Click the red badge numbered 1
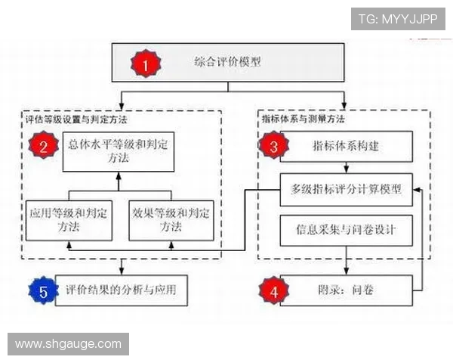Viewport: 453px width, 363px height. click(x=146, y=64)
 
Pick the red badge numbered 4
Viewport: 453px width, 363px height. click(x=273, y=290)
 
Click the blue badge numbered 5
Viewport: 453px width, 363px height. click(x=43, y=290)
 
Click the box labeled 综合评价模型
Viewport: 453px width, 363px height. click(x=228, y=63)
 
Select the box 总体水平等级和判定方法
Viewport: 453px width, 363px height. click(x=119, y=152)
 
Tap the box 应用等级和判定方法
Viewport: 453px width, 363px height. click(x=69, y=220)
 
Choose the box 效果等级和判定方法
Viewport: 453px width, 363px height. click(x=171, y=220)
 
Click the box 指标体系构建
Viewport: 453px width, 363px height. click(x=347, y=146)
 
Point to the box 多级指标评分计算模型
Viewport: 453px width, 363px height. click(x=347, y=190)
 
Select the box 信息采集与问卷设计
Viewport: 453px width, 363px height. click(x=347, y=231)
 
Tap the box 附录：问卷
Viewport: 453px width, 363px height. click(x=347, y=290)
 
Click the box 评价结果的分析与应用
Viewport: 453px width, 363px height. click(x=122, y=290)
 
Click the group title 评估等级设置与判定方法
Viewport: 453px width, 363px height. click(x=76, y=119)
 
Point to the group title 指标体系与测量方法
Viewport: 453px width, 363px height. click(x=303, y=119)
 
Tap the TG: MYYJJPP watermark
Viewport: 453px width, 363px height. click(x=398, y=19)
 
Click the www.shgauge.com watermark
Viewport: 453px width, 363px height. click(x=68, y=344)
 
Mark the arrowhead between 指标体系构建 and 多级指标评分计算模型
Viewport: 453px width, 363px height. click(x=347, y=169)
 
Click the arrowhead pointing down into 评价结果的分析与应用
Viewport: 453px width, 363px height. click(x=122, y=271)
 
